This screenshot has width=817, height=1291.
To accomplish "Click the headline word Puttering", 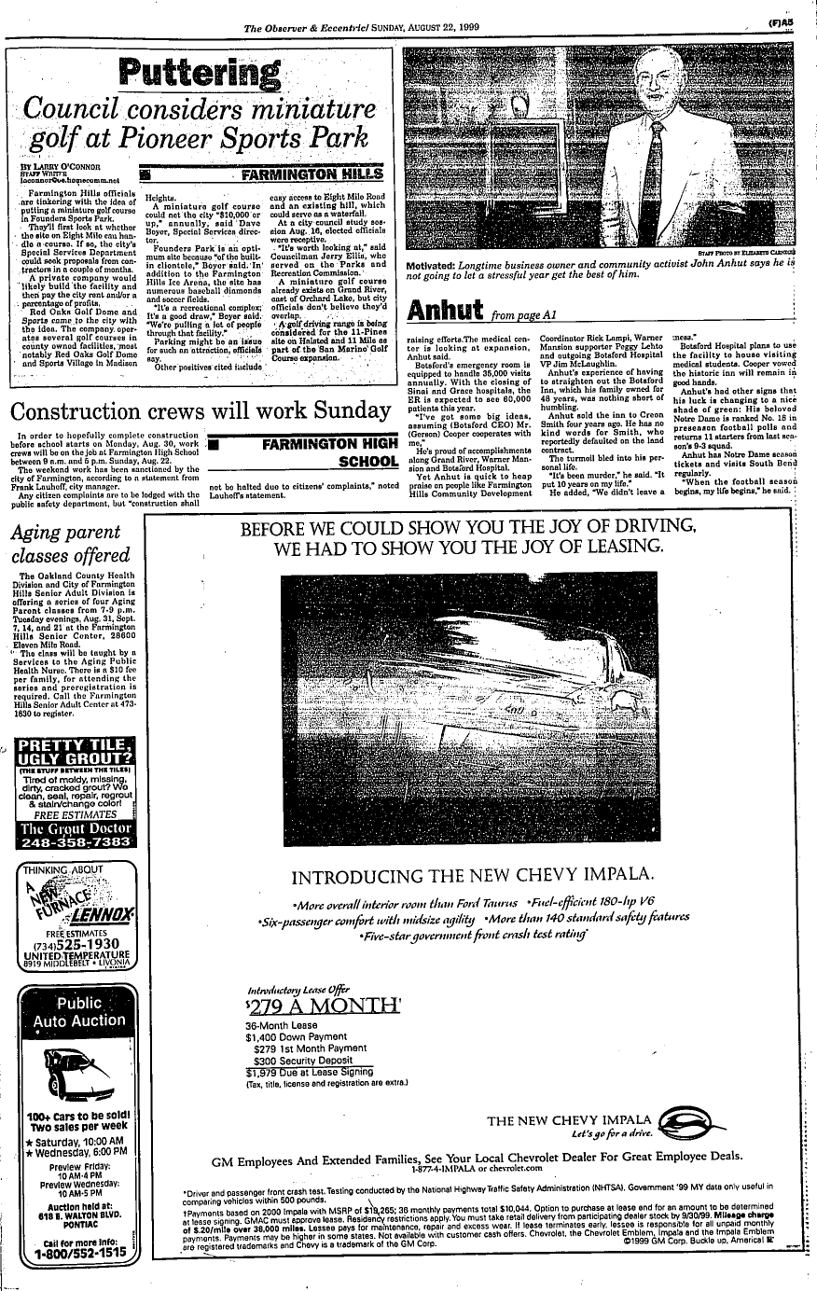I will [x=198, y=73].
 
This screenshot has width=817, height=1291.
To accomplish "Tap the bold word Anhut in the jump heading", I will [x=443, y=309].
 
